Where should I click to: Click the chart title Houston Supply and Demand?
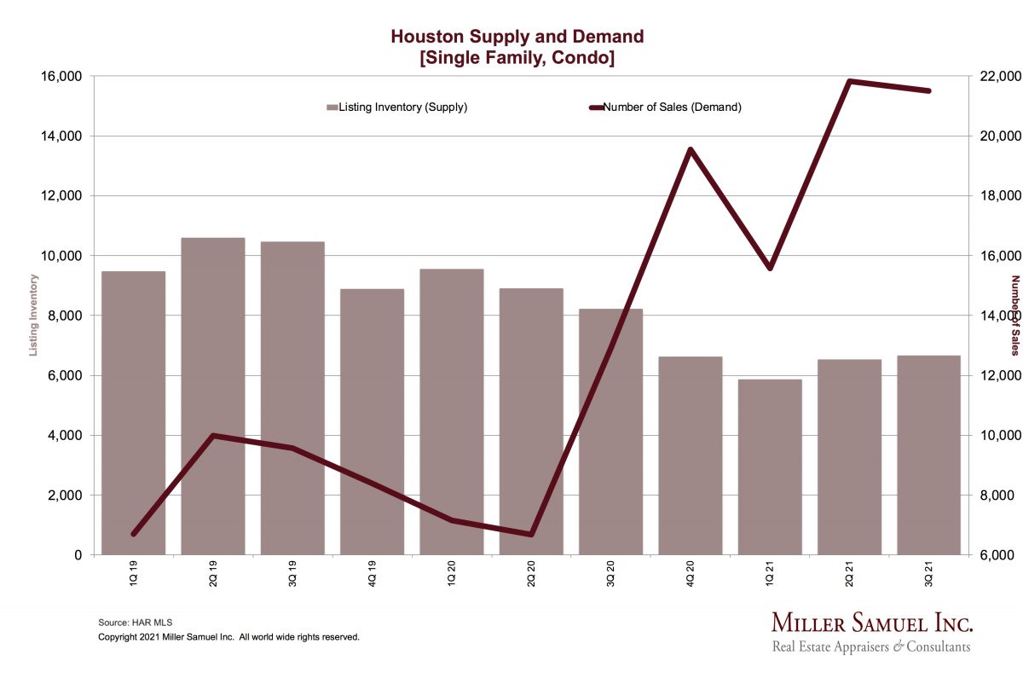coord(517,37)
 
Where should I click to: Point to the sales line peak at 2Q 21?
coord(849,81)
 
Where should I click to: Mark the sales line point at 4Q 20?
coord(690,149)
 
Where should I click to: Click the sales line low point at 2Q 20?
coord(531,535)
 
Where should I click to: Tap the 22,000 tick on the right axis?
coord(997,77)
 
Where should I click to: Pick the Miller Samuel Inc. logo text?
coord(871,622)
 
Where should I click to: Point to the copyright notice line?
coord(229,637)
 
